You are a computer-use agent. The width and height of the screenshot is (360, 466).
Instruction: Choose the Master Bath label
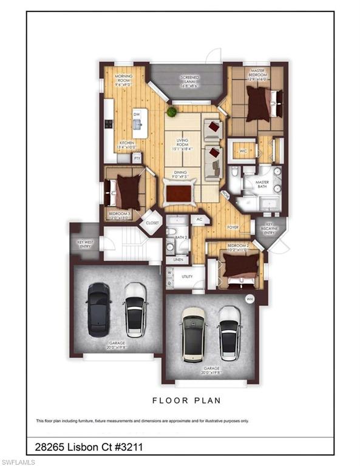(262, 185)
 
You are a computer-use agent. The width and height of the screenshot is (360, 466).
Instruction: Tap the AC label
(198, 219)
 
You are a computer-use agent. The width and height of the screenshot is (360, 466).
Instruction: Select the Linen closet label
(178, 260)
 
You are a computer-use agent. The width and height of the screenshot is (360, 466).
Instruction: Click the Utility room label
(188, 277)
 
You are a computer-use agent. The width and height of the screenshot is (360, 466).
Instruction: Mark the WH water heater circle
(249, 299)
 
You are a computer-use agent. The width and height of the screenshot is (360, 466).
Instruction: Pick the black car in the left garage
(97, 309)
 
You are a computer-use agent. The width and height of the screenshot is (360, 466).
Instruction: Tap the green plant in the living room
(172, 112)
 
